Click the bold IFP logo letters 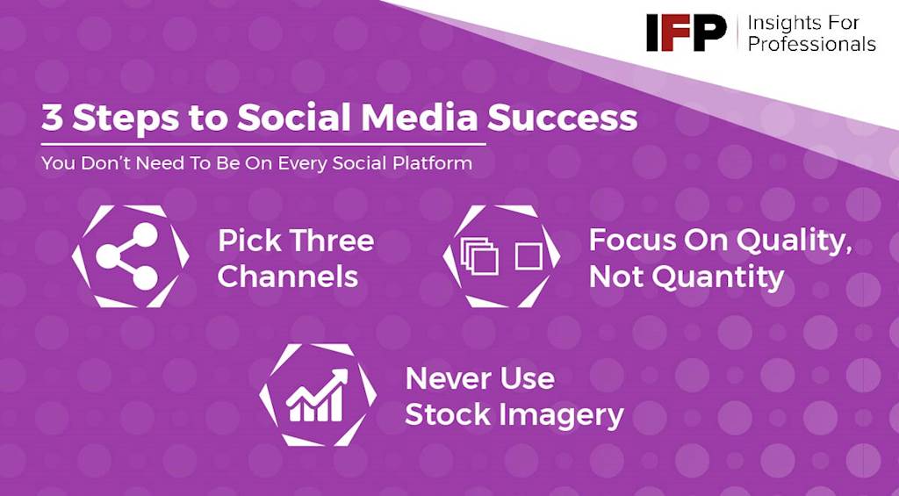coord(686,32)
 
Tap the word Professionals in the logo coord(812,44)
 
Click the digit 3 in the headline coord(52,118)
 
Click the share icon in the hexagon coord(126,255)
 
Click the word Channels coord(288,277)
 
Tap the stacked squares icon coord(479,256)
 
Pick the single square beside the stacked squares coord(528,256)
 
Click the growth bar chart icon coord(317,395)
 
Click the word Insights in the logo coord(788,23)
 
